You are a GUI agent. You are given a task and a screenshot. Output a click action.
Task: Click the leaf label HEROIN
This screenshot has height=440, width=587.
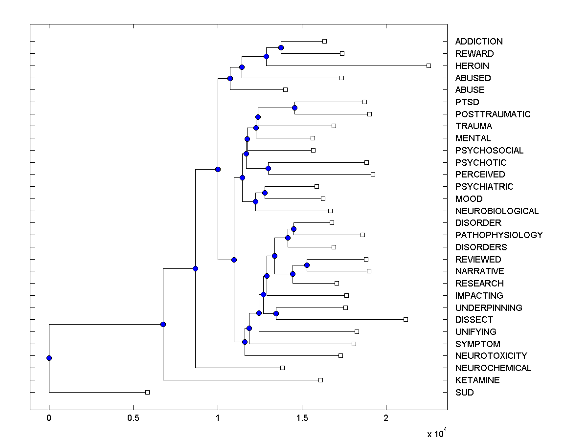click(472, 66)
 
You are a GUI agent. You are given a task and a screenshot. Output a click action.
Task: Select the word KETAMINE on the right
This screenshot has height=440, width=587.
click(477, 380)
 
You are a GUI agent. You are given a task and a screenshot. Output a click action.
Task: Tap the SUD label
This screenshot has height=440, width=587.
click(464, 393)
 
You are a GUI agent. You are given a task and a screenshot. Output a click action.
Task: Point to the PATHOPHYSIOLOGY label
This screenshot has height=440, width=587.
click(498, 235)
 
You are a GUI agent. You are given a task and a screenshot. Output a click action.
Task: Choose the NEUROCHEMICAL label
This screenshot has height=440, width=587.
click(493, 368)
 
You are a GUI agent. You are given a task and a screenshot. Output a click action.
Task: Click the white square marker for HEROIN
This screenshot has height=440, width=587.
click(429, 66)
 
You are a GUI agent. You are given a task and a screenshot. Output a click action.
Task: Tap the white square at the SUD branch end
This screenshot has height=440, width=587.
click(147, 392)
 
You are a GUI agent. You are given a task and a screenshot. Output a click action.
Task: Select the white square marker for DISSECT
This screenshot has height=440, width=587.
click(406, 319)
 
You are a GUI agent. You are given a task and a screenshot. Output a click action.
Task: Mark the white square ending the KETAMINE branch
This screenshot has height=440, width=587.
click(320, 380)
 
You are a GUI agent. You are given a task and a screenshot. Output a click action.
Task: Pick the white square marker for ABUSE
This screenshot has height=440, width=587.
click(285, 89)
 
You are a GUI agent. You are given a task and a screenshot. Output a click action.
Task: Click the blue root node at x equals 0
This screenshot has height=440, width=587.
click(49, 358)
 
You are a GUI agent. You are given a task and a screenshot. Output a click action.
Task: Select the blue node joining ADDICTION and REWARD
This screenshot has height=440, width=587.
click(281, 47)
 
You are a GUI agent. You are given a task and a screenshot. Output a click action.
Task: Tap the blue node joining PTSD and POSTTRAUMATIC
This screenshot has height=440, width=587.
click(294, 108)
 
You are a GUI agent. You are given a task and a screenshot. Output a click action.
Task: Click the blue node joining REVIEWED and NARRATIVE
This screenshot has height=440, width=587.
click(307, 265)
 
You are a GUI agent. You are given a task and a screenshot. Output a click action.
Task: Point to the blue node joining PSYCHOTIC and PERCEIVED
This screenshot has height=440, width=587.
click(268, 168)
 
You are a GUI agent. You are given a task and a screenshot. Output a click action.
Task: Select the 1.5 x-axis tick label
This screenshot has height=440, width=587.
click(302, 419)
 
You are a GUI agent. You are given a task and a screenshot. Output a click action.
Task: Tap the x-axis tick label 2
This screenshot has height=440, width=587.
click(386, 419)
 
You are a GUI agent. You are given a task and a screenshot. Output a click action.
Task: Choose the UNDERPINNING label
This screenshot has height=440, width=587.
click(488, 308)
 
